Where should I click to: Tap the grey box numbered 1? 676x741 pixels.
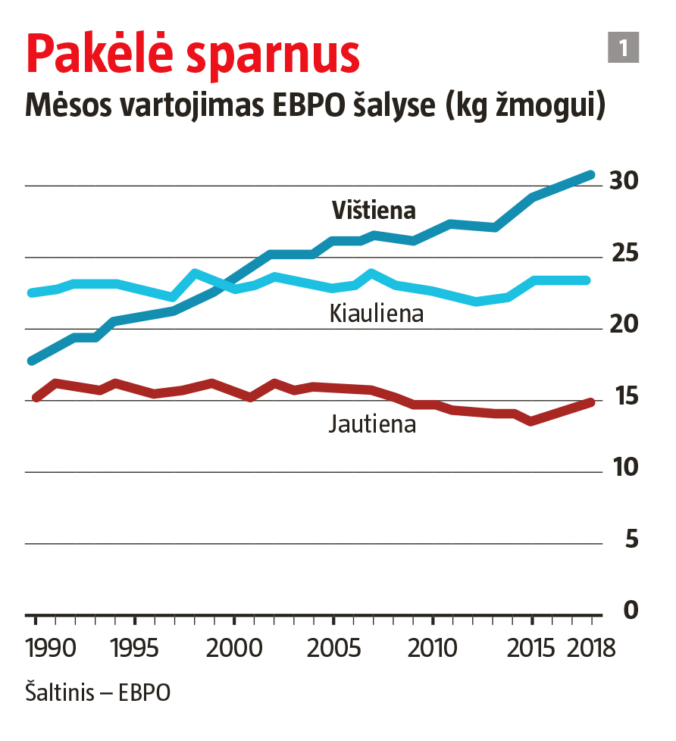click(x=624, y=48)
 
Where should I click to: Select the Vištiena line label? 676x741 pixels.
click(x=374, y=211)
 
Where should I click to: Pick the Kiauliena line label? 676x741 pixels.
click(x=376, y=314)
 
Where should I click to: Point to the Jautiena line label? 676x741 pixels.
click(x=372, y=424)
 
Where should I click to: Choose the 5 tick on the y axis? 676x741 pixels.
click(x=631, y=539)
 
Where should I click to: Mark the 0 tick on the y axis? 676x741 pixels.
click(x=631, y=610)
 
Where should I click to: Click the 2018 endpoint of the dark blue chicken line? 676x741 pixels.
click(x=591, y=175)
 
